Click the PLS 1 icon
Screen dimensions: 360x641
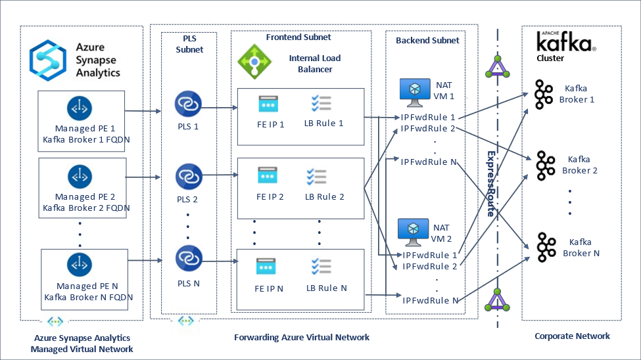[x=187, y=104]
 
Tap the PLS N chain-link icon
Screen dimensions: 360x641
[x=187, y=258]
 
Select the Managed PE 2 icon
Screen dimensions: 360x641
[x=80, y=176]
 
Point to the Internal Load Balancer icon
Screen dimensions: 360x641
[x=254, y=61]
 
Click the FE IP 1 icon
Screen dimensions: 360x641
[x=268, y=104]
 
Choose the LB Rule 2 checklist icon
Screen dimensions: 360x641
[x=319, y=177]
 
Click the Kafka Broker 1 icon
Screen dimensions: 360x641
[x=544, y=94]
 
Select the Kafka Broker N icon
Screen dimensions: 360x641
[x=544, y=247]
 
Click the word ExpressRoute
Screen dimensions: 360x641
[x=490, y=184]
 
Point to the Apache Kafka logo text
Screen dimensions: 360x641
[x=565, y=42]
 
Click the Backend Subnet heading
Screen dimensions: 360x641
[x=427, y=40]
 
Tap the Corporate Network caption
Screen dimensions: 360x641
[x=572, y=336]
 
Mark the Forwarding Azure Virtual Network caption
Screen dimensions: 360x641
[x=302, y=337]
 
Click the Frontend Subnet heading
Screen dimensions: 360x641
[x=298, y=37]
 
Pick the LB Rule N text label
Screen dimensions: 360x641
[x=326, y=288]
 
